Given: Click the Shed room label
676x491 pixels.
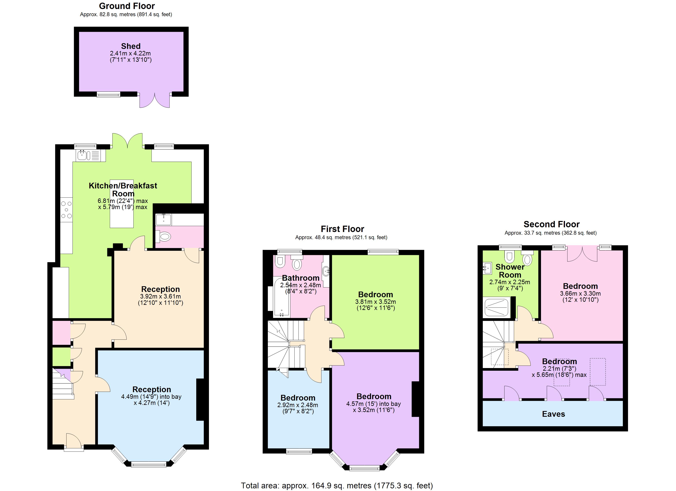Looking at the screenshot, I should tap(130, 46).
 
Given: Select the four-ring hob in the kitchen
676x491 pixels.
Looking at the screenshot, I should tap(66, 210).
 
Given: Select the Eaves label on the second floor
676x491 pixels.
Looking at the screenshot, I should tap(553, 414).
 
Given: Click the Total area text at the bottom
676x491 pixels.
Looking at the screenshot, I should tap(337, 486).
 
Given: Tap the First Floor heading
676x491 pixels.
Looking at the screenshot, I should tap(342, 229).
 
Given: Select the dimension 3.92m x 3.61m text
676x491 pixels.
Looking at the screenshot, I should tap(160, 297).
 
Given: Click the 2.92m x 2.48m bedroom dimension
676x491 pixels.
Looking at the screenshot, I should tap(297, 405).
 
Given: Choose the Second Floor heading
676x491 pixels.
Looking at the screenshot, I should tap(551, 224).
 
